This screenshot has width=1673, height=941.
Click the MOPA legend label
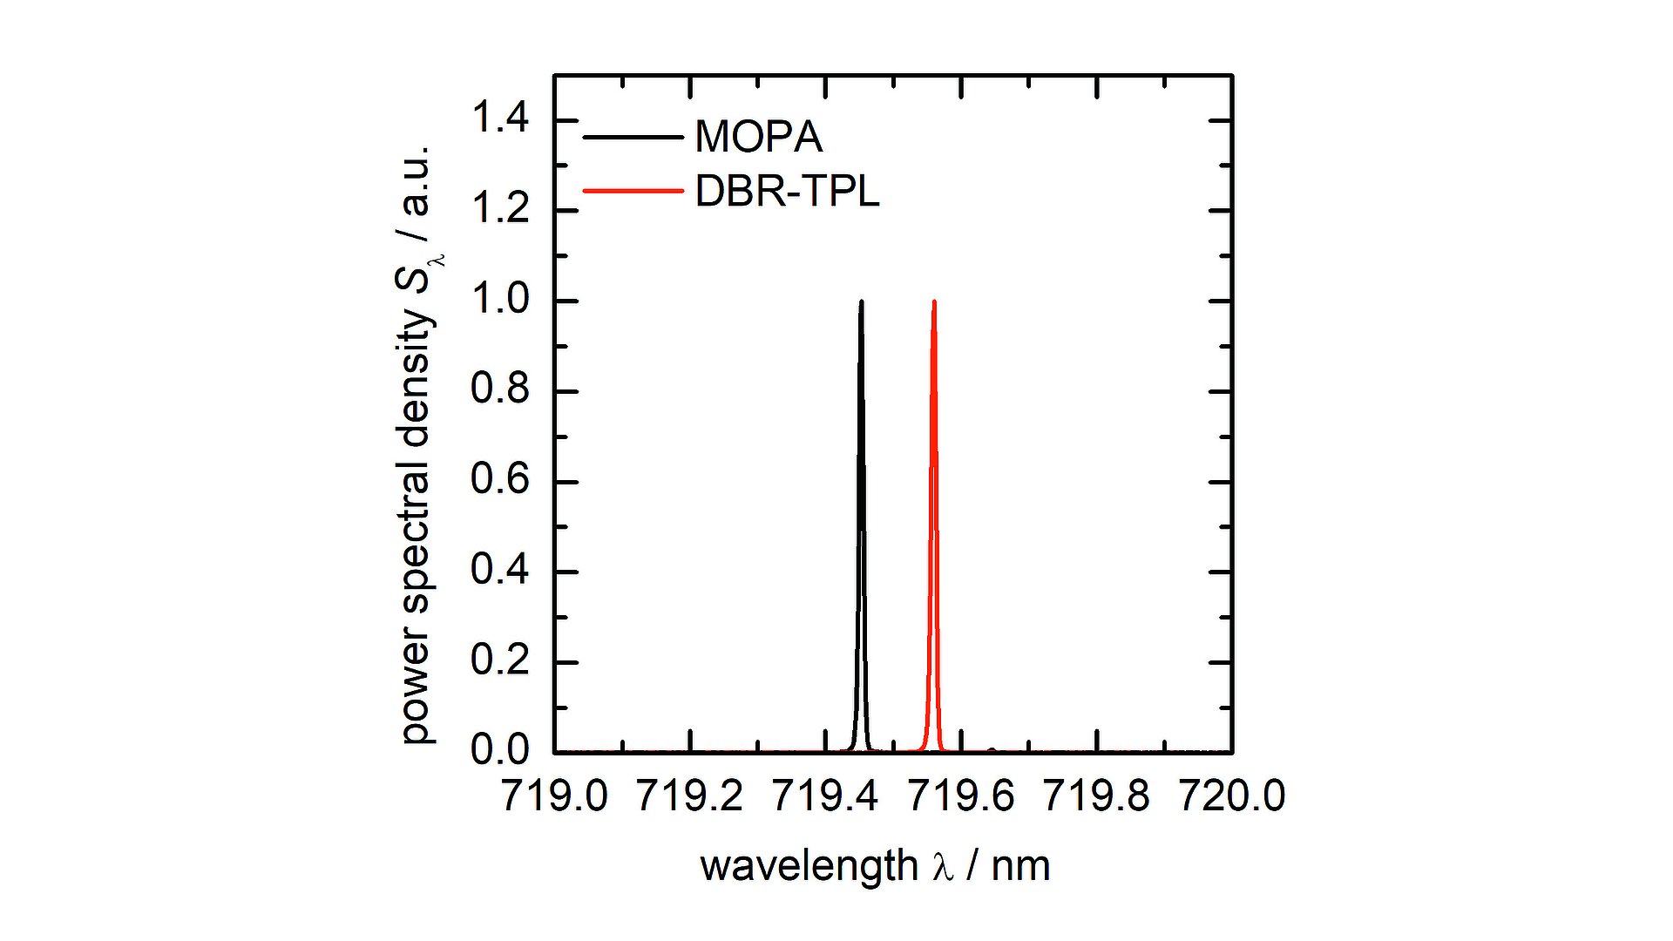[x=758, y=137]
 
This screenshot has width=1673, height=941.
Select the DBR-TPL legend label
[x=787, y=191]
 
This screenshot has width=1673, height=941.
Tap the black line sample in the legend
[x=632, y=137]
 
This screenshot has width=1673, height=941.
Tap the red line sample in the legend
[x=632, y=191]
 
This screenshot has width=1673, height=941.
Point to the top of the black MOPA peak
[x=861, y=302]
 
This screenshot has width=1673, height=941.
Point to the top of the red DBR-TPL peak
[x=934, y=302]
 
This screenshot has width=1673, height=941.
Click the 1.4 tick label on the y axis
[x=499, y=118]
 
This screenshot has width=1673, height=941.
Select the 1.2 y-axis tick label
[x=499, y=208]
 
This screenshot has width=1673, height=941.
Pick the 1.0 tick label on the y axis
[x=499, y=299]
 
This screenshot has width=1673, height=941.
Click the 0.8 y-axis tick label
[x=499, y=389]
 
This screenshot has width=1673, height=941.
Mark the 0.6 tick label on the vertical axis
[x=499, y=479]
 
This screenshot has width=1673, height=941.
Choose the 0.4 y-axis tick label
[x=499, y=570]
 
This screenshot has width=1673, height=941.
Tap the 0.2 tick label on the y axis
[x=499, y=660]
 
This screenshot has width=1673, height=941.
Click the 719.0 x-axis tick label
[x=554, y=796]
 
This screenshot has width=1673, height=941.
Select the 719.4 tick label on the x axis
[x=825, y=796]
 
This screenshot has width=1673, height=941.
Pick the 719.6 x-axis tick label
[x=961, y=796]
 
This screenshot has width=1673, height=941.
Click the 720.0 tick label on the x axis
[x=1232, y=796]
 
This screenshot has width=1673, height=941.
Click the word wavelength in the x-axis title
[x=809, y=866]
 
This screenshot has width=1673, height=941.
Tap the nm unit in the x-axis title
[x=1020, y=866]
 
